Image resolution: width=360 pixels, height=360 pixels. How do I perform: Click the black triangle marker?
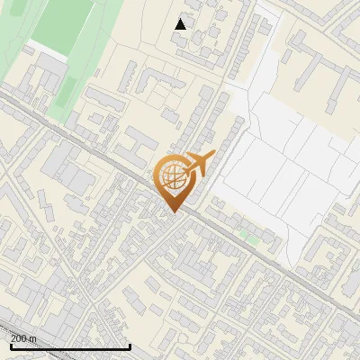[181, 23]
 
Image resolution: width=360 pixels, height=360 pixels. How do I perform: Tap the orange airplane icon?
[199, 164]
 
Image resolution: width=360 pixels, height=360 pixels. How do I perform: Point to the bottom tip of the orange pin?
[175, 212]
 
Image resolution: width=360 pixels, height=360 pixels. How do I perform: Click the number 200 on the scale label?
[20, 338]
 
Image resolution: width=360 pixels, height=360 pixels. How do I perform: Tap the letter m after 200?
[34, 338]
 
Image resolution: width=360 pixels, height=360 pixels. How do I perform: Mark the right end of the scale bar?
[130, 346]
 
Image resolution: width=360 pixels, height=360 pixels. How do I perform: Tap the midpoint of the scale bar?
[69, 346]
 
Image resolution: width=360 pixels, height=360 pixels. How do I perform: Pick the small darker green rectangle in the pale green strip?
[67, 88]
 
